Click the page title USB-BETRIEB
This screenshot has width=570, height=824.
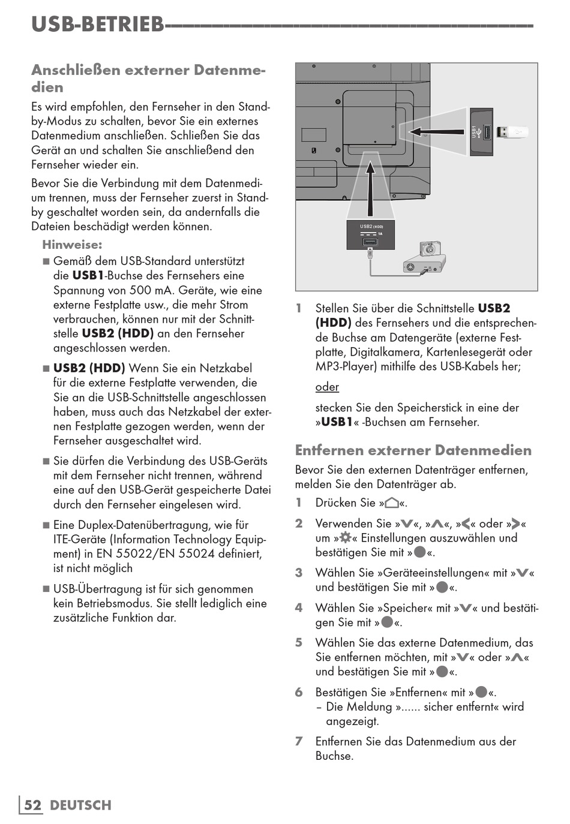click(97, 24)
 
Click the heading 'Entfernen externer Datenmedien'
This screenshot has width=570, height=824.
click(413, 450)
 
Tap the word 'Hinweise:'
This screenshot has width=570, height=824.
click(72, 245)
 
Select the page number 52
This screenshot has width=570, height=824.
click(33, 805)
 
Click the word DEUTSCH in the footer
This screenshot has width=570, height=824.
click(80, 805)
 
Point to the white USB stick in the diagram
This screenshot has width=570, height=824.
click(512, 131)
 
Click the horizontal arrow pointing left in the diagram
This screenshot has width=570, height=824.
click(438, 130)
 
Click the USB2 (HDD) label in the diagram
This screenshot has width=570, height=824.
click(371, 227)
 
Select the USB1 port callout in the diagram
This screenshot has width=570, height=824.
click(481, 132)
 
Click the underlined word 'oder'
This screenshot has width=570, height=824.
click(327, 387)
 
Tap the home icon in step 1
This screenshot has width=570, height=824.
click(392, 503)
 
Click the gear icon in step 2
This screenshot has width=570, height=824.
click(346, 537)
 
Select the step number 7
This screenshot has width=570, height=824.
click(299, 741)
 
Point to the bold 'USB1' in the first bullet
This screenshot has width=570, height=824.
click(88, 276)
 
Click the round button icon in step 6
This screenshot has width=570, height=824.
click(481, 692)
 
